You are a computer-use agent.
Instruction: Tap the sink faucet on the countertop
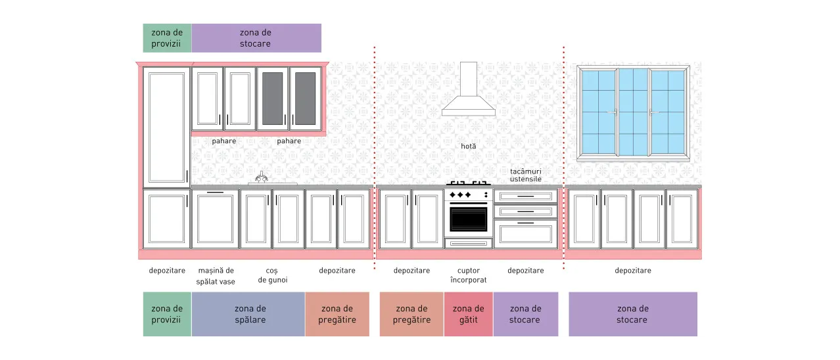coord(262,177)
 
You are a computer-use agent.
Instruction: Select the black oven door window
coord(469,219)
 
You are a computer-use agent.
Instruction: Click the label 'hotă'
coord(469,146)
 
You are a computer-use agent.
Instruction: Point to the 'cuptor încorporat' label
coord(469,275)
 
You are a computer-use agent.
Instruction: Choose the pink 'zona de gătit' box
coord(469,314)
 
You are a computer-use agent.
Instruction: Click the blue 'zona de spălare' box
coord(248,314)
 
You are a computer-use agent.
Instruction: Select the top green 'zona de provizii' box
coord(167,38)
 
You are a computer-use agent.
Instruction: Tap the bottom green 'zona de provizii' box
coord(167,314)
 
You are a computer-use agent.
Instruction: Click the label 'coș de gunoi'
coord(273,275)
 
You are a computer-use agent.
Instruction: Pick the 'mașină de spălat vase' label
coord(216,276)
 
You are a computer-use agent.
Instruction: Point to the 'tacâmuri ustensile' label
coord(526,175)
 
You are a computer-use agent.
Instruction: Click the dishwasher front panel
coord(215,219)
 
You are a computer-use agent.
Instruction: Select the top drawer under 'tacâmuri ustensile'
coord(526,196)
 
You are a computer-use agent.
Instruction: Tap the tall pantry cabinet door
coord(166,127)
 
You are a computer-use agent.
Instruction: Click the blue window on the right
coord(633,111)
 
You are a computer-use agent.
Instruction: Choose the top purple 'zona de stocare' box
coord(256,38)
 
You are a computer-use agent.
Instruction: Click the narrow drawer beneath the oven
coord(469,244)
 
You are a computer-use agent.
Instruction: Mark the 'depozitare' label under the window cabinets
coord(633,271)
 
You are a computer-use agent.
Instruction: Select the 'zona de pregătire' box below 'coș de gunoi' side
coord(337,314)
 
